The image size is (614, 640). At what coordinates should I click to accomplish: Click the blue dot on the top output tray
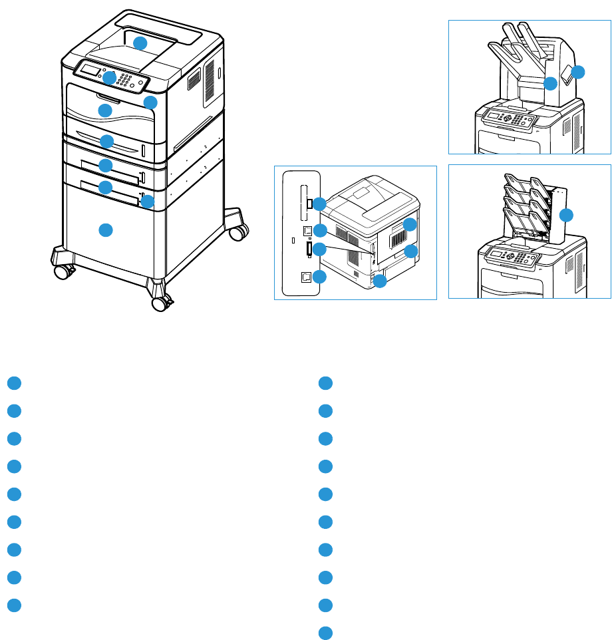click(x=140, y=43)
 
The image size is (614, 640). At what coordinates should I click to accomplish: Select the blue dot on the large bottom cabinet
click(x=104, y=230)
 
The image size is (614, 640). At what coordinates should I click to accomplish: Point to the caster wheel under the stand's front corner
click(x=160, y=303)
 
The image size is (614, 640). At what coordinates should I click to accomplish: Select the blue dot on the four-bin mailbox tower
click(x=566, y=214)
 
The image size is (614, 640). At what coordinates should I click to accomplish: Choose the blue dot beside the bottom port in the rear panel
click(x=319, y=278)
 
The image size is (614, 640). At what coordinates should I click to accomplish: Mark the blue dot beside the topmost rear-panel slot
click(x=319, y=203)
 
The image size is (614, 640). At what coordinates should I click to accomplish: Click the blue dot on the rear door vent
click(x=410, y=224)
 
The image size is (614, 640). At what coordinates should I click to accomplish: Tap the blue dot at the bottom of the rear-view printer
click(x=380, y=281)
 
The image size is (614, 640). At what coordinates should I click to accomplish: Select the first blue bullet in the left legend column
click(x=15, y=383)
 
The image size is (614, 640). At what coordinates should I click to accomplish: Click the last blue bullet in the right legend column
click(x=325, y=633)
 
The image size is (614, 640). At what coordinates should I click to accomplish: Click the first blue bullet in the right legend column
click(x=325, y=383)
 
